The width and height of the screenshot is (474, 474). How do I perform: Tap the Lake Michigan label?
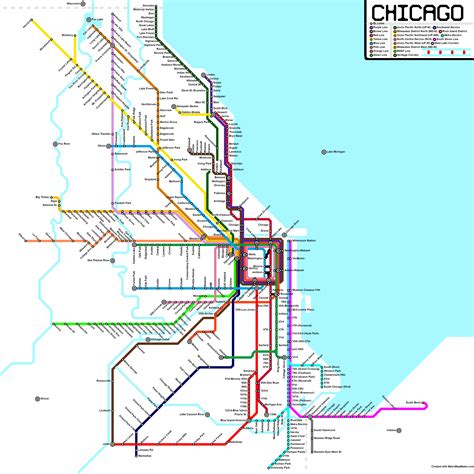(x=343, y=152)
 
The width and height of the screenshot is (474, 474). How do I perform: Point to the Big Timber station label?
(x=43, y=198)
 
